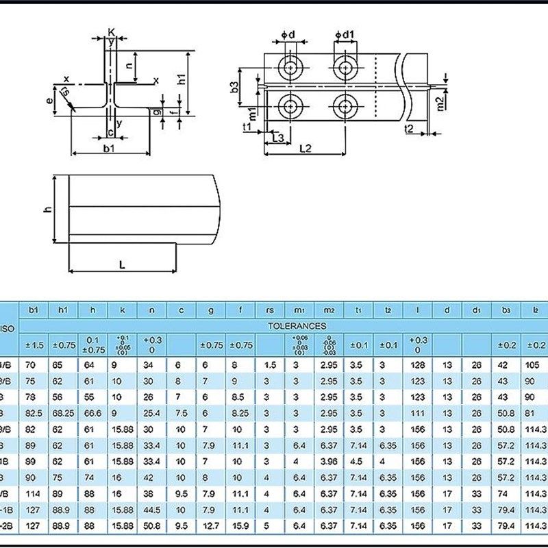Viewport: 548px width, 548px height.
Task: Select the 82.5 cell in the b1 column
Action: click(33, 413)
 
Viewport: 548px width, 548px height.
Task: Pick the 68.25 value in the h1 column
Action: click(63, 413)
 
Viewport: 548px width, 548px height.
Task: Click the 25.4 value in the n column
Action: click(151, 413)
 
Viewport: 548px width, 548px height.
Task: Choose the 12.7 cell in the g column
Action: click(211, 526)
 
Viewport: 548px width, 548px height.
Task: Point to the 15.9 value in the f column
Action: click(240, 526)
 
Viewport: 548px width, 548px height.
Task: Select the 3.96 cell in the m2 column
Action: click(329, 462)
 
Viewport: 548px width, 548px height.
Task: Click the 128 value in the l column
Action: click(418, 365)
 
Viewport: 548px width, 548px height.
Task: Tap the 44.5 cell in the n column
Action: click(151, 510)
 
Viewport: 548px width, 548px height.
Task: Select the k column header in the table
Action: click(122, 310)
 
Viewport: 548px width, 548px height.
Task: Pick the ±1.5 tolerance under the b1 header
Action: click(33, 345)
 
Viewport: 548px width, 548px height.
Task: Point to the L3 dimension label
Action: click(277, 138)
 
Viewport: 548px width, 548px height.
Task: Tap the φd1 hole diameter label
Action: click(345, 34)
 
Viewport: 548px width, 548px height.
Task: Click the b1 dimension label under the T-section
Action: click(109, 148)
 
